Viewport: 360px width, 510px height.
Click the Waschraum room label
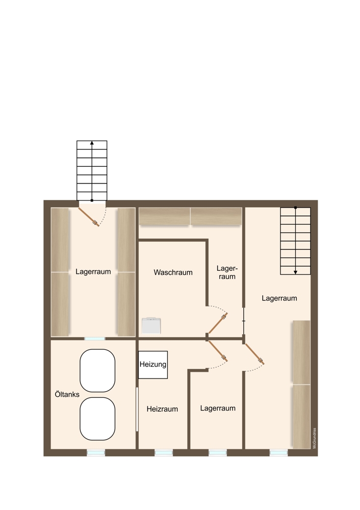(173, 272)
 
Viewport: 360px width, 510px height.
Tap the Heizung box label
(153, 364)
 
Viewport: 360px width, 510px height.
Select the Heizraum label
(162, 409)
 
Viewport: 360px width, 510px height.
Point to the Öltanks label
(67, 394)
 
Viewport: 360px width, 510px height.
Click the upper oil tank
(97, 370)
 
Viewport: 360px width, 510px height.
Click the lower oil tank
(97, 419)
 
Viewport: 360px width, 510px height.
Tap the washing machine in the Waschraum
(151, 325)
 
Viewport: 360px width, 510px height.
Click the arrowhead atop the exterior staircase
(92, 143)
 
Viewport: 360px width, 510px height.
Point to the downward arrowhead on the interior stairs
(295, 272)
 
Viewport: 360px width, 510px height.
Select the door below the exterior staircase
(89, 217)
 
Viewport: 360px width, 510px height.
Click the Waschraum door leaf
(218, 323)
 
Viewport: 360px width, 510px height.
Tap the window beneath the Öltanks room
(96, 452)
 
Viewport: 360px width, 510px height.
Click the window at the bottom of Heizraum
(164, 452)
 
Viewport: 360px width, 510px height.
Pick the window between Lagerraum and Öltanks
(95, 339)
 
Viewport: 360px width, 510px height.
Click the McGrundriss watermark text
(315, 438)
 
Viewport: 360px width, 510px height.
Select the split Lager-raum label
(227, 272)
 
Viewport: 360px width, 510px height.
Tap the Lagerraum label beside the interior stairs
(279, 298)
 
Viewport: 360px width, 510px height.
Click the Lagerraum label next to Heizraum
(218, 408)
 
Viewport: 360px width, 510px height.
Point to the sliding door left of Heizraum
(137, 409)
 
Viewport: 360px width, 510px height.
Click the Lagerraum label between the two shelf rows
(93, 272)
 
